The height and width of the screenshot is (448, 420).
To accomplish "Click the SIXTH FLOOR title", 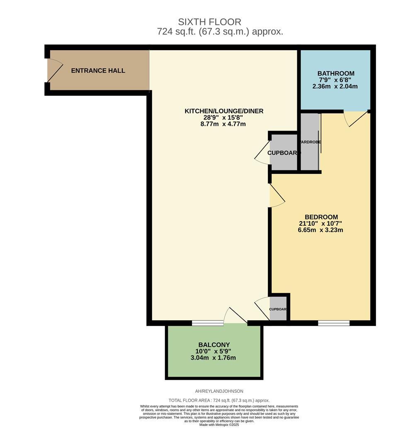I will (x=209, y=22).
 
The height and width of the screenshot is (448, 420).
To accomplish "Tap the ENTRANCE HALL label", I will (x=98, y=71).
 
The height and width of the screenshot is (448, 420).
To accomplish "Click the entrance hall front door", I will (x=54, y=71).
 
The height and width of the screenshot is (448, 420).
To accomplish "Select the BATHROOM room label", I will (x=336, y=74).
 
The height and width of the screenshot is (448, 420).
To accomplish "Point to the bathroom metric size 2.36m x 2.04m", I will (x=335, y=87).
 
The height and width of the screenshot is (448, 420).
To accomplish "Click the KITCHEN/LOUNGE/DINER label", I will (x=224, y=111).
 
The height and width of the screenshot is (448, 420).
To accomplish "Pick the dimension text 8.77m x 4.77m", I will (x=223, y=124).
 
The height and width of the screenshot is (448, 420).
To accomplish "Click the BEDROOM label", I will (x=321, y=217).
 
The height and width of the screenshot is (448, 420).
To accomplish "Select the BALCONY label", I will (x=214, y=345).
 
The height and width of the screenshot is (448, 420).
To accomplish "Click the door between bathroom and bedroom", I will (x=355, y=118).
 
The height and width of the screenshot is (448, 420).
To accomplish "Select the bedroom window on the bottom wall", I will (x=334, y=323).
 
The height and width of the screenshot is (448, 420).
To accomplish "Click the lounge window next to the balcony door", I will (x=208, y=323).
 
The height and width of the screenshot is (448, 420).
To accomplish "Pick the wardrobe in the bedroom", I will (x=310, y=142).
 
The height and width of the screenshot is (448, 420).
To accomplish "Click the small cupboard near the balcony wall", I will (x=278, y=309).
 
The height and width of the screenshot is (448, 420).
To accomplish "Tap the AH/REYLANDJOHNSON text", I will (x=219, y=391).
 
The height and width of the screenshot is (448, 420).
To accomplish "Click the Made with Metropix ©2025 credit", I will (x=219, y=425).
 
